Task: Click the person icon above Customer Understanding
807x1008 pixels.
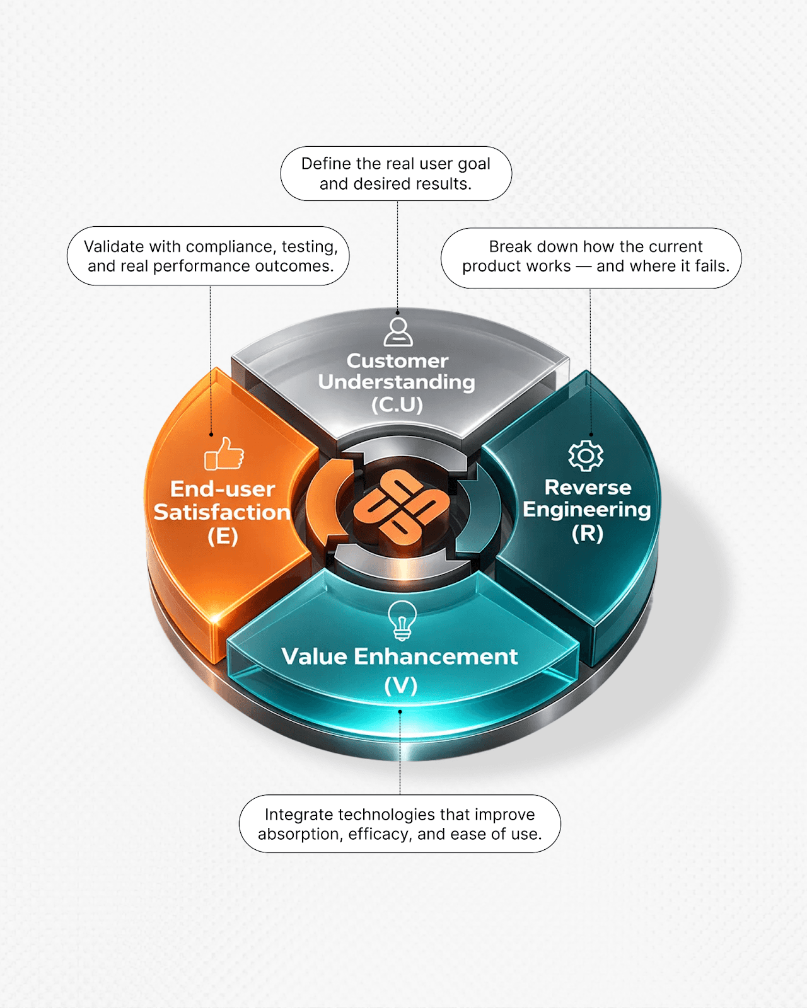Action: (398, 331)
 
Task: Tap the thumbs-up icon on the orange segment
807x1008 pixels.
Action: (224, 454)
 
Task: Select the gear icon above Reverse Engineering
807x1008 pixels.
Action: (586, 455)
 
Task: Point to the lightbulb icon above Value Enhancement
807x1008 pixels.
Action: (402, 620)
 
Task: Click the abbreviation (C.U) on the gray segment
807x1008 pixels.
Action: (397, 404)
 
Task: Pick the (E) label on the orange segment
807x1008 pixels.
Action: (223, 536)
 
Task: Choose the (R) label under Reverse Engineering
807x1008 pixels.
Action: (588, 534)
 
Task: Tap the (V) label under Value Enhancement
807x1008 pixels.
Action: (401, 685)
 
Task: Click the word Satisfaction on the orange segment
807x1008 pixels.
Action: (222, 512)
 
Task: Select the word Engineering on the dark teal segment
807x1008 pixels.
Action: (587, 510)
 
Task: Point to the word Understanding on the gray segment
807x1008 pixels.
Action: (397, 382)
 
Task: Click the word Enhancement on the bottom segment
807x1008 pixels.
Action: (436, 656)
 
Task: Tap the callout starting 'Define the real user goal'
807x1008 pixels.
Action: (396, 174)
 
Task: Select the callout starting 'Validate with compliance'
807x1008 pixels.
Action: (209, 256)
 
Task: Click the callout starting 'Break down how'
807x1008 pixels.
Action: (591, 258)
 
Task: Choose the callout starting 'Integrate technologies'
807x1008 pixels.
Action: (400, 824)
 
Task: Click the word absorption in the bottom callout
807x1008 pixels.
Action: (300, 834)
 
